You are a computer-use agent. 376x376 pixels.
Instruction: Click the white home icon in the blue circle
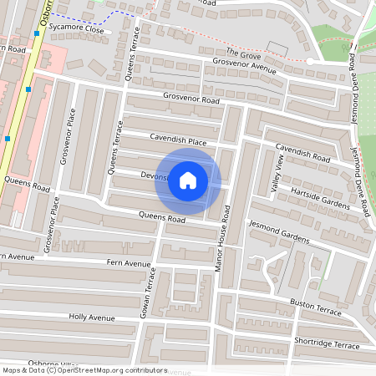[188, 180]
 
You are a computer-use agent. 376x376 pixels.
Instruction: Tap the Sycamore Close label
[76, 29]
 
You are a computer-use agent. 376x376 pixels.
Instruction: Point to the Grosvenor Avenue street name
[244, 64]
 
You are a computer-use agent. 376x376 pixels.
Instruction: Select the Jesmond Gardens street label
[279, 233]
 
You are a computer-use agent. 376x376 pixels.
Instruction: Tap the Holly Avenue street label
[92, 318]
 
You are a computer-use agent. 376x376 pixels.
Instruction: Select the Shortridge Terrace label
[327, 344]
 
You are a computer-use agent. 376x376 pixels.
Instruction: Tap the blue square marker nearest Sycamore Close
[37, 34]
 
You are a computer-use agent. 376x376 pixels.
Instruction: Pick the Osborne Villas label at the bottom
[52, 365]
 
